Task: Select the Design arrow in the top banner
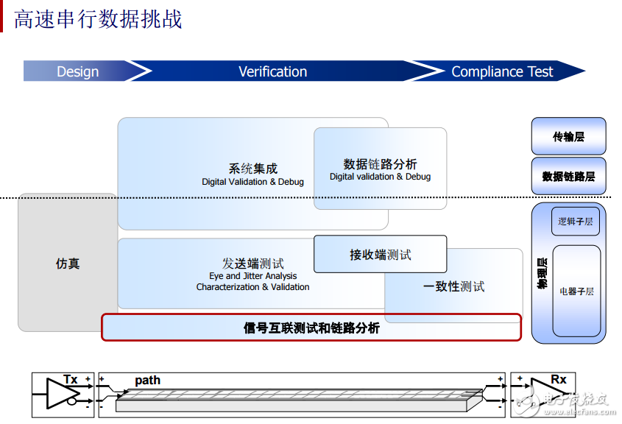[78, 71]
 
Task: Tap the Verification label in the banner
[272, 71]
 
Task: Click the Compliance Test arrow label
[501, 71]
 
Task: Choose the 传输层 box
[568, 136]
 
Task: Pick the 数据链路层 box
[568, 177]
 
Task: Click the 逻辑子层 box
[575, 221]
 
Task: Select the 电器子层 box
[576, 291]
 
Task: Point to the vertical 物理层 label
[542, 273]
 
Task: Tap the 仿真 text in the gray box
[68, 264]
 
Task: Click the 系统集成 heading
[252, 169]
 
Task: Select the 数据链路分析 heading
[380, 163]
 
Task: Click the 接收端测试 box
[380, 255]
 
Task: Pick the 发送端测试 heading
[252, 264]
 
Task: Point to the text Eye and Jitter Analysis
[252, 276]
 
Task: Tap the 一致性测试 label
[453, 286]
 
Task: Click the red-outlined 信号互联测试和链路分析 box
[311, 328]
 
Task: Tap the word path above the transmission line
[147, 381]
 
